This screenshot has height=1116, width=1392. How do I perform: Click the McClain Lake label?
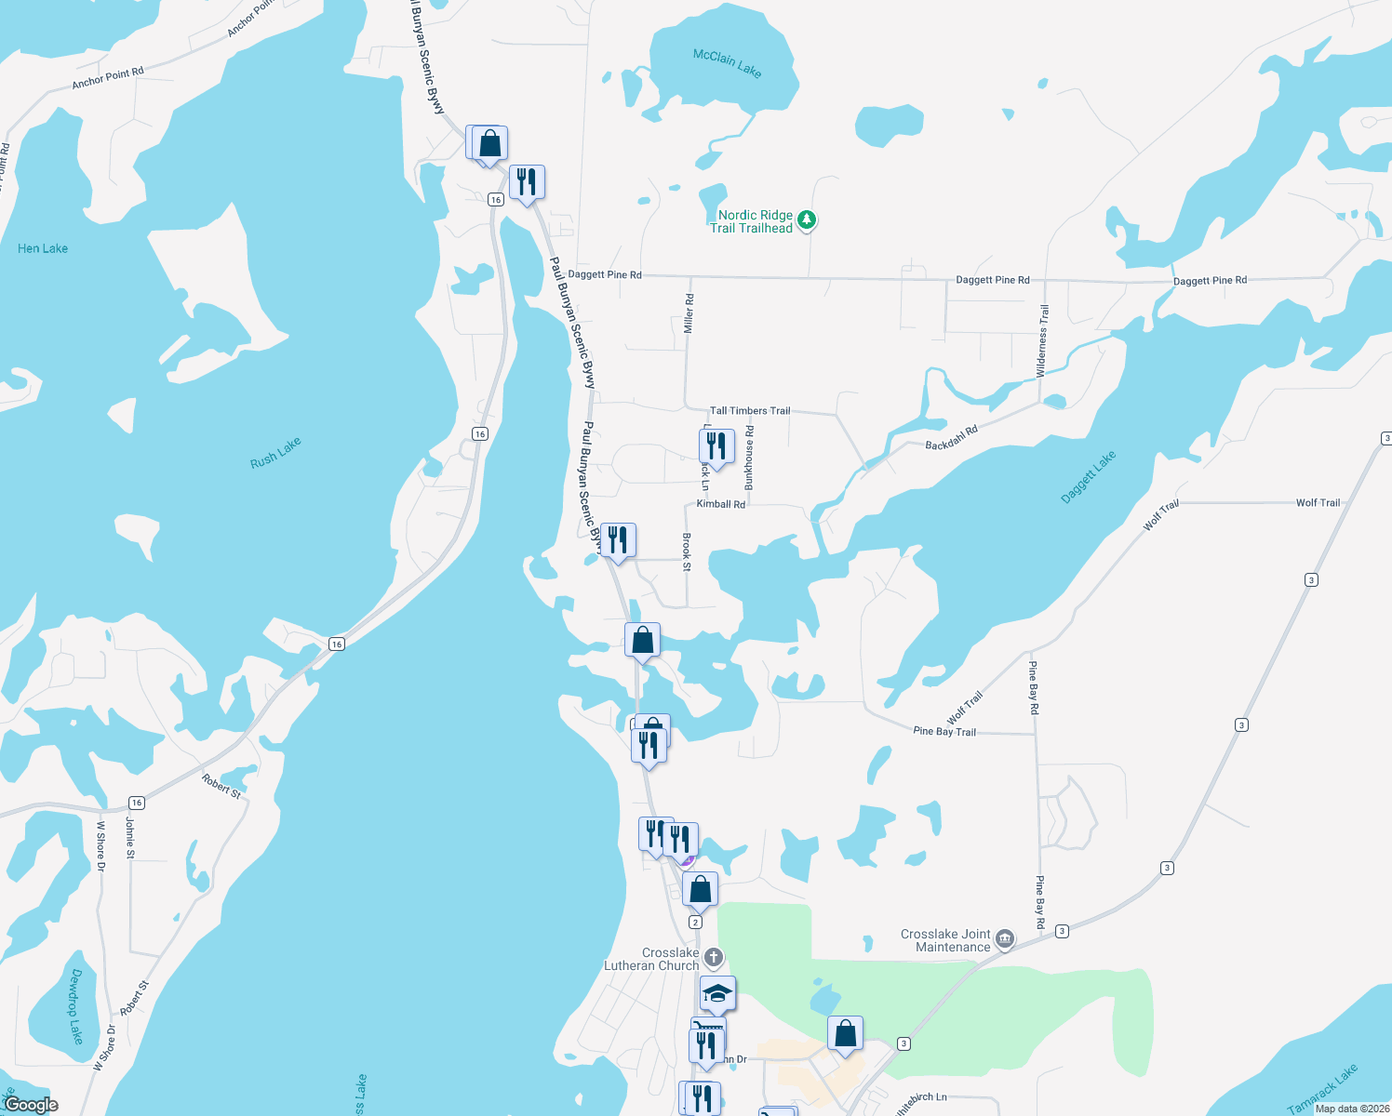point(727,62)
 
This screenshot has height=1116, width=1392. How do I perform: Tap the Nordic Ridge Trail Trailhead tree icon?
point(807,220)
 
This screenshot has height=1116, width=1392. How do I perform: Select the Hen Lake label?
point(43,248)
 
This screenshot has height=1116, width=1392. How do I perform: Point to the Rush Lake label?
point(275,453)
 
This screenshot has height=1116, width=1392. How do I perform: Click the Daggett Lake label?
point(1088,477)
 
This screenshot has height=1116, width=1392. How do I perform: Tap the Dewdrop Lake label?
point(76,1006)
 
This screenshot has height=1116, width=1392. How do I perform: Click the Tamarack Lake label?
point(1322,1089)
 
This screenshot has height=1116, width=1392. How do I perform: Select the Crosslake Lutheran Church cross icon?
point(713,957)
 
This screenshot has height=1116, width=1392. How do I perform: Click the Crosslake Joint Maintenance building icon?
point(1005,939)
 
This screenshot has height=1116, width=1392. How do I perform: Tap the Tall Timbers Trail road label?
point(750,410)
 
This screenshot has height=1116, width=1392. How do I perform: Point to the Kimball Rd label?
point(721,504)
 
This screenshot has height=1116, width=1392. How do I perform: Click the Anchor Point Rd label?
point(108,78)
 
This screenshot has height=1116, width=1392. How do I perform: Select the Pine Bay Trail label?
point(944,731)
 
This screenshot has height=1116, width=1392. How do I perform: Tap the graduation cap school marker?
point(717,994)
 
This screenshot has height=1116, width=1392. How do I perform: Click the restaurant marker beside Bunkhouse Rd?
point(716,446)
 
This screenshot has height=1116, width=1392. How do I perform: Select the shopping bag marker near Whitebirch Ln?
point(845,1033)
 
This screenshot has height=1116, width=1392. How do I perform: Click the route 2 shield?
point(695,922)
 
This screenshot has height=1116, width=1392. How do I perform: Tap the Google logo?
point(31,1104)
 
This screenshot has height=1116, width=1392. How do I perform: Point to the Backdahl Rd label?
point(951,438)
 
